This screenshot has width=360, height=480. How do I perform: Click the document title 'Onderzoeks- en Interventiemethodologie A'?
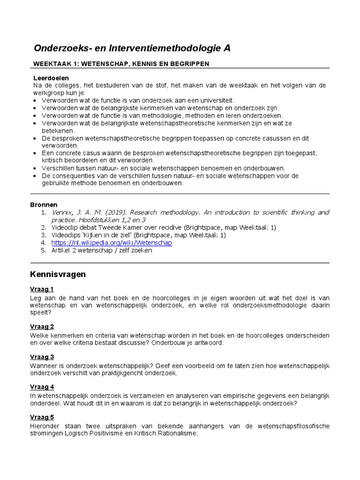132,48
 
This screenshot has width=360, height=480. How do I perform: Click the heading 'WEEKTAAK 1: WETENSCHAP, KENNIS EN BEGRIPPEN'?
121,64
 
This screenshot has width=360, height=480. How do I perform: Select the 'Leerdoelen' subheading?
51,78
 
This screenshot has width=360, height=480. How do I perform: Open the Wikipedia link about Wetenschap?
112,243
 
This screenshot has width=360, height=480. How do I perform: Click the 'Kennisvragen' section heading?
58,274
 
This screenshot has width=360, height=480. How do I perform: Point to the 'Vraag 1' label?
42,289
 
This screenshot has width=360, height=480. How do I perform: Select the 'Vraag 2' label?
42,327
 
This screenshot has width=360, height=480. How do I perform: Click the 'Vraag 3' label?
42,357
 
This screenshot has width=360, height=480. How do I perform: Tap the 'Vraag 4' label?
42,387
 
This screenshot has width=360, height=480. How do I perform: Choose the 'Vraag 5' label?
42,417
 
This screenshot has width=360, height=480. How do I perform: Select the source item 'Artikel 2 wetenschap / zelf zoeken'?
102,250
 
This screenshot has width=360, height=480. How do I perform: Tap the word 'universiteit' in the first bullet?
215,100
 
